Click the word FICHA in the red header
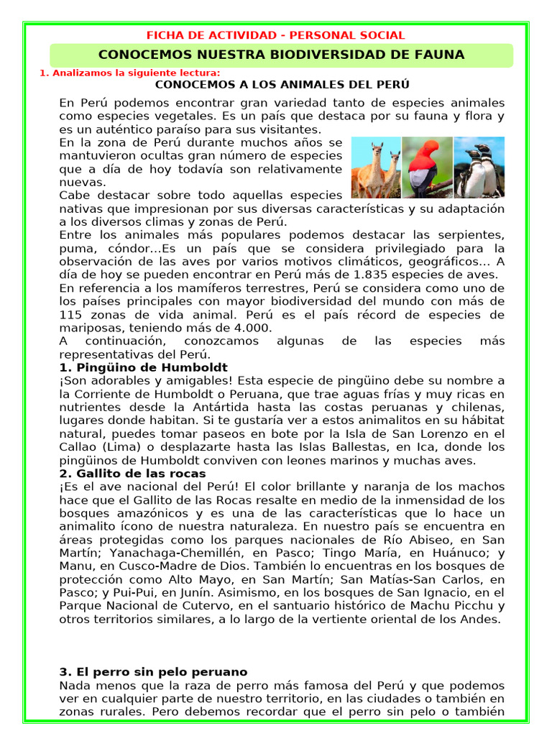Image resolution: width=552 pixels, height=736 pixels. (x=162, y=34)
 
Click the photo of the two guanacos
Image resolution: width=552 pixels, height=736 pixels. (x=376, y=167)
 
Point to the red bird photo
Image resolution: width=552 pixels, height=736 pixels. (x=427, y=167)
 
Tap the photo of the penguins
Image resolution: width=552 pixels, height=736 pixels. (x=479, y=167)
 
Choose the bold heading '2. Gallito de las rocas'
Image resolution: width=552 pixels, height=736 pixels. (x=132, y=474)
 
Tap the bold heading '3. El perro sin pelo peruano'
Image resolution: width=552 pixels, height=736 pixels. (x=153, y=672)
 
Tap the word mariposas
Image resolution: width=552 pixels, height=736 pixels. (x=90, y=328)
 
